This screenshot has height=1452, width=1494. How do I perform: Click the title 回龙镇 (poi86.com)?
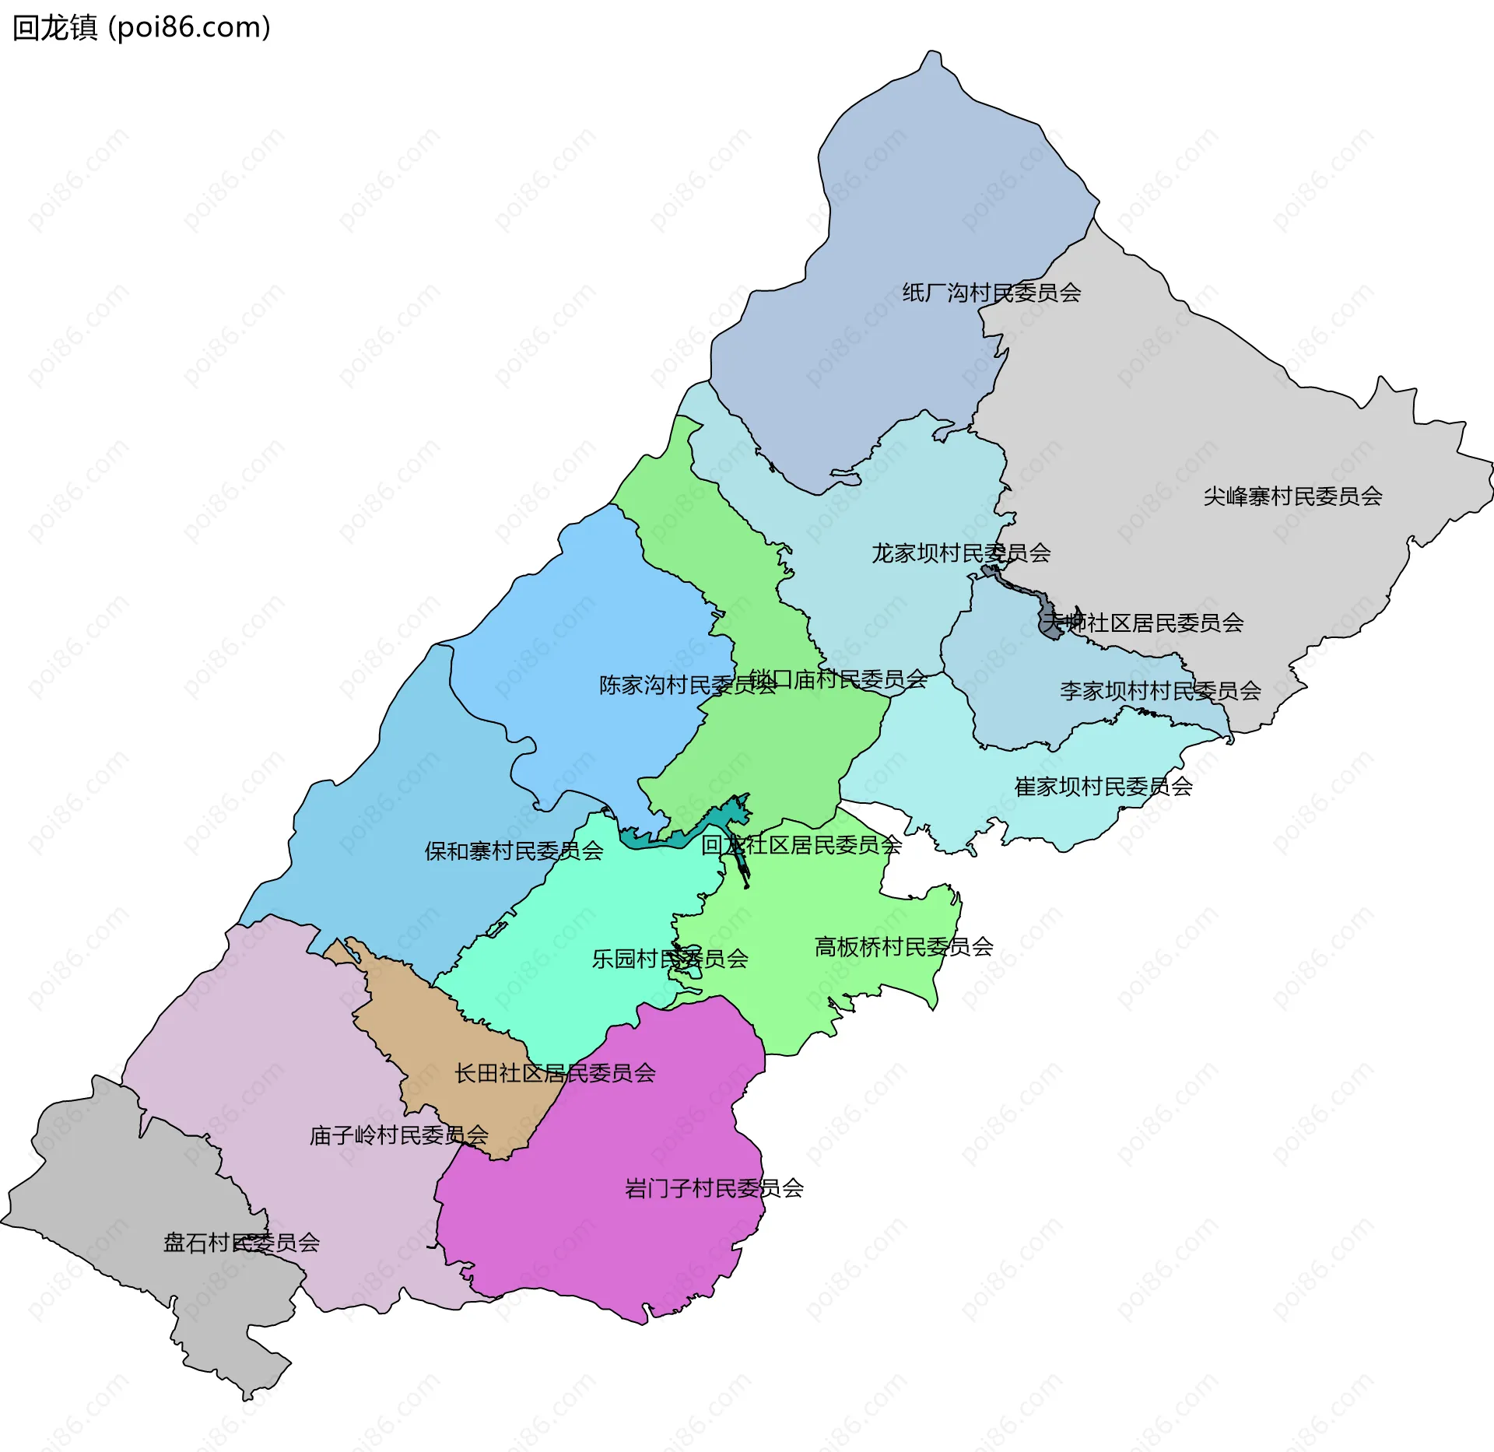click(142, 28)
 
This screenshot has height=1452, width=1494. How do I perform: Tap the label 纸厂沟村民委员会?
click(991, 293)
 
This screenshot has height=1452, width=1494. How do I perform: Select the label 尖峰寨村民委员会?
click(1292, 496)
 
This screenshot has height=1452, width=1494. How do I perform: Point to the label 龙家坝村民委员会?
click(961, 553)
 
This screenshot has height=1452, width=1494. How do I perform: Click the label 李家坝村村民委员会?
click(1160, 691)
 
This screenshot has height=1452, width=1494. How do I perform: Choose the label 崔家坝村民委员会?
click(1103, 787)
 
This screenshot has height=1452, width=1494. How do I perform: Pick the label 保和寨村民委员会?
click(514, 851)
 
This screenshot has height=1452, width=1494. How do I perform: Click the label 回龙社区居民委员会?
click(801, 845)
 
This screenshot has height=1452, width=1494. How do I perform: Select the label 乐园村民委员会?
click(670, 959)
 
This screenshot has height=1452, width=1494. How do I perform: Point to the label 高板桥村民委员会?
click(903, 947)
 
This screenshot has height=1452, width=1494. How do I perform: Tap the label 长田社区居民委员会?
click(555, 1074)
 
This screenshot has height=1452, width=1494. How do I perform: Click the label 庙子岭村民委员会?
click(398, 1136)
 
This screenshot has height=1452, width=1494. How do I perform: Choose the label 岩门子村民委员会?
click(714, 1189)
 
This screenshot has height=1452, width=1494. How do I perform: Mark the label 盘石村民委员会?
click(241, 1243)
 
